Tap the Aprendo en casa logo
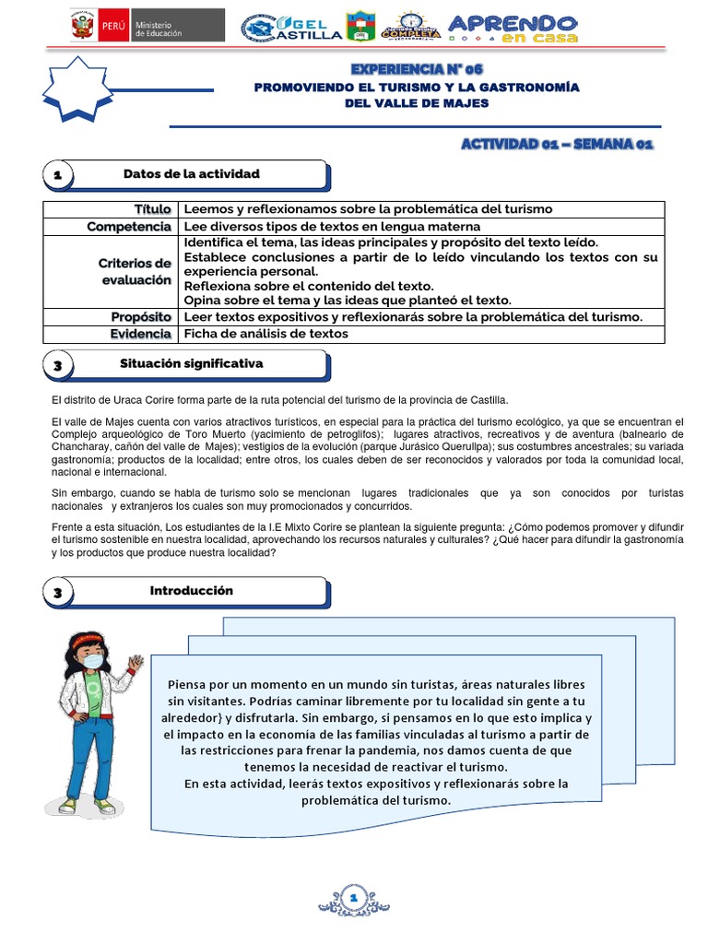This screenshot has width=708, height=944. click(513, 28)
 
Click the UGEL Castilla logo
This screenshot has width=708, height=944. click(291, 28)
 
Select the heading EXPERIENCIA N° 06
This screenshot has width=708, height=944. click(417, 69)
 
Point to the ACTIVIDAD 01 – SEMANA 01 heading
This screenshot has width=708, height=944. click(557, 145)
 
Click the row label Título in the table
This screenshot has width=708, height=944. click(152, 209)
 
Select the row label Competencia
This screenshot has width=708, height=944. click(129, 226)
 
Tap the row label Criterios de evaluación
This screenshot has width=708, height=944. click(135, 271)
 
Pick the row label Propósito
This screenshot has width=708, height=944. click(141, 317)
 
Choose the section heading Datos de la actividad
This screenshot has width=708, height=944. click(192, 173)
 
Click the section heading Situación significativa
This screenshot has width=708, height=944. click(191, 363)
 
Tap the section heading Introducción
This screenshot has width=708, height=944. click(191, 590)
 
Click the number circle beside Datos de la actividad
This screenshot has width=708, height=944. click(59, 175)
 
